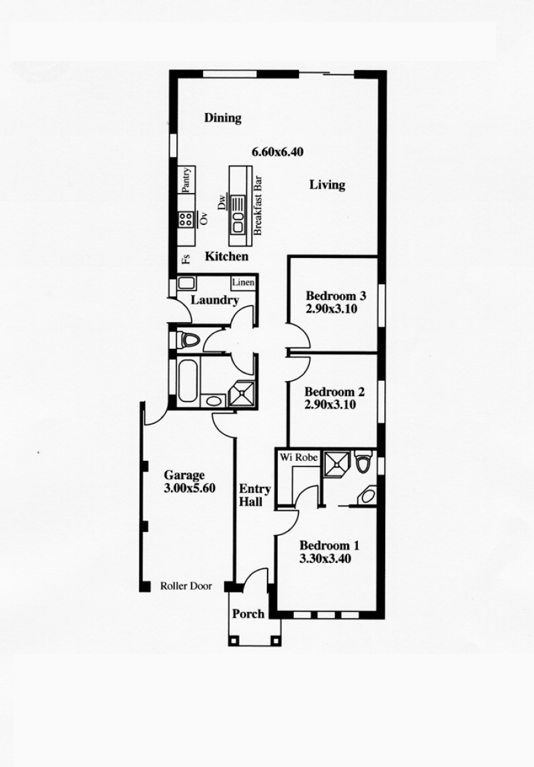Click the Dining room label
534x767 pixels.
223,118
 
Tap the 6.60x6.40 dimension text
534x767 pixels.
278,152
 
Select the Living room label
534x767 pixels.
327,184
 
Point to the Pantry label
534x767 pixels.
186,180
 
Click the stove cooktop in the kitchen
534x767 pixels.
185,218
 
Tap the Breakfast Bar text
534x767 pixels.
258,206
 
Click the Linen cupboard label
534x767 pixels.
243,283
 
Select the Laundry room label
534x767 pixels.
214,300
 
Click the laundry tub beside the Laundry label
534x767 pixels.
186,283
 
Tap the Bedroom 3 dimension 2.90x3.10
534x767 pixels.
332,309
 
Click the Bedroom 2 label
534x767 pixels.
334,392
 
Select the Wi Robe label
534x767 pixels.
298,458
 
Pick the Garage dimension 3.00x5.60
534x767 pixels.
190,488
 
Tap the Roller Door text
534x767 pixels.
186,585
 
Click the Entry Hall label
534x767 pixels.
254,495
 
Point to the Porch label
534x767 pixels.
248,614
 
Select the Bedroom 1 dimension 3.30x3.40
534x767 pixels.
325,559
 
